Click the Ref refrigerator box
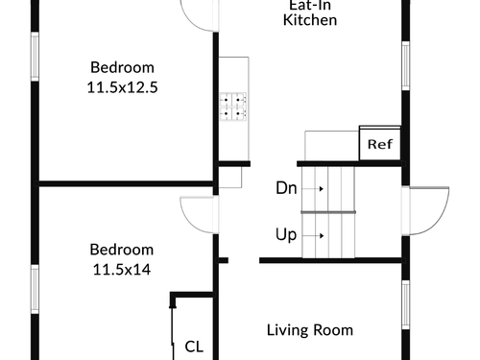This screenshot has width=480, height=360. click(380, 143)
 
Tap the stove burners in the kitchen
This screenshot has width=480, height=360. click(233, 107)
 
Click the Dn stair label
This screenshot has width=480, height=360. click(286, 188)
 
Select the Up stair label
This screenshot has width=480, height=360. click(286, 235)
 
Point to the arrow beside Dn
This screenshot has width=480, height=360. click(313, 188)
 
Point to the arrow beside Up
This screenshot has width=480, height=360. click(313, 236)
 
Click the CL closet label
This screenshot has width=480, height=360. click(194, 347)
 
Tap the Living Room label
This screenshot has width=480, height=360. click(310, 330)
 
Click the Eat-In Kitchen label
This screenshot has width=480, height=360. click(310, 12)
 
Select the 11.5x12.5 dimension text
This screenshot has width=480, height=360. click(122, 87)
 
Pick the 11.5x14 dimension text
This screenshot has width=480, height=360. click(122, 270)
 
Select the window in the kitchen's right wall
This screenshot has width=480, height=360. click(405, 65)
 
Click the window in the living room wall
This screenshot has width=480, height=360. click(405, 305)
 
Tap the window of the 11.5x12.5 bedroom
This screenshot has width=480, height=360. click(35, 57)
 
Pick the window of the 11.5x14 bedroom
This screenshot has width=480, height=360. click(35, 289)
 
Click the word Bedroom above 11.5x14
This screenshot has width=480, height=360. click(122, 250)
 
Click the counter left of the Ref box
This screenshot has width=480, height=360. click(331, 146)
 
